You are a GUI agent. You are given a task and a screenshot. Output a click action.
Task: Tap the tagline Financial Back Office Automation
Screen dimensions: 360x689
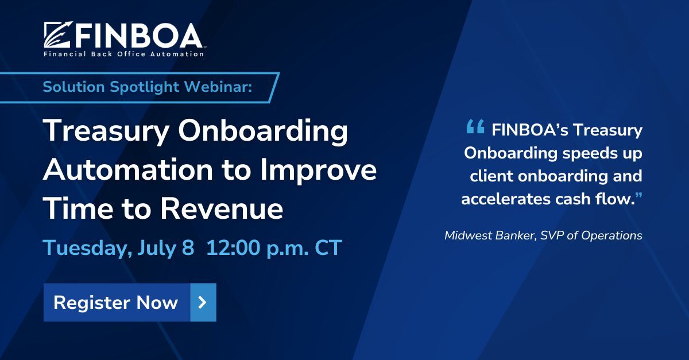click(123, 54)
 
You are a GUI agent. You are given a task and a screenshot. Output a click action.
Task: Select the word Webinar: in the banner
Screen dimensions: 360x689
click(226, 87)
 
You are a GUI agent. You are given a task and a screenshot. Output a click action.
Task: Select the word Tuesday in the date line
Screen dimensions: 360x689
click(85, 249)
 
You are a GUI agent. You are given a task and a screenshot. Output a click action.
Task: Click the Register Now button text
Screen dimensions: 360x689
click(115, 302)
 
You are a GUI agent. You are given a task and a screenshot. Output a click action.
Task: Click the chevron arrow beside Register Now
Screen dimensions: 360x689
click(203, 302)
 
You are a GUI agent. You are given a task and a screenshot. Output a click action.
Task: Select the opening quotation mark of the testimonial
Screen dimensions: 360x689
click(475, 127)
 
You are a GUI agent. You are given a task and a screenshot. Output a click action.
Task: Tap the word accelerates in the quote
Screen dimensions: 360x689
click(504, 199)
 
